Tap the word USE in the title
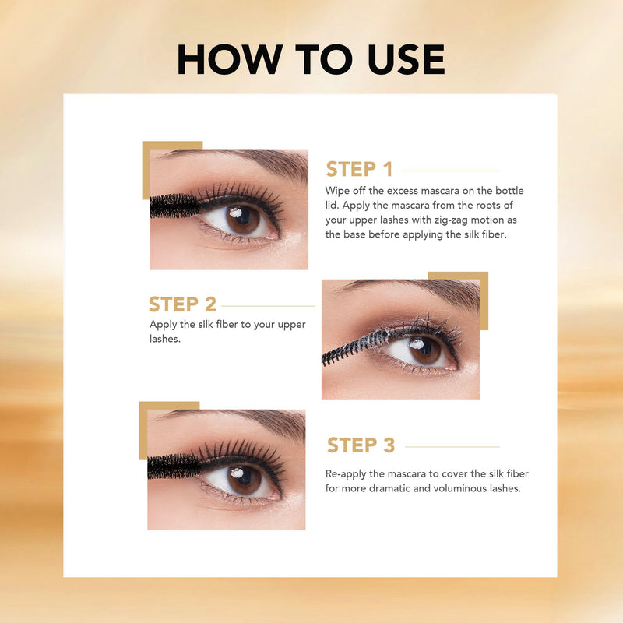click(406, 59)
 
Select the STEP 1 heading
click(359, 169)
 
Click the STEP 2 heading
click(182, 304)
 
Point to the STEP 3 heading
click(361, 445)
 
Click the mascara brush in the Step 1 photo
click(174, 206)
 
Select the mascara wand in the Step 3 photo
click(174, 466)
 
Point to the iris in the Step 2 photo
click(424, 350)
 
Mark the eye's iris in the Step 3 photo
click(244, 480)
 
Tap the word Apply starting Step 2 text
click(164, 325)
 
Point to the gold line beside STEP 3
click(452, 446)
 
